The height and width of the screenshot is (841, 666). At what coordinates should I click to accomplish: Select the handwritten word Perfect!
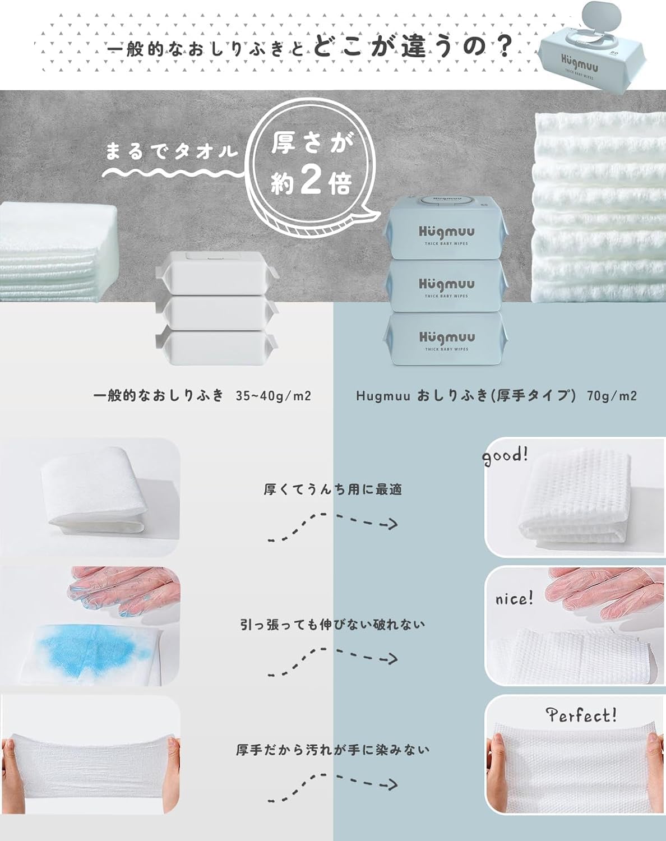point(581,715)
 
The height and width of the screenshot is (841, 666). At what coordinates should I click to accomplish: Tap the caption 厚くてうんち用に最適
point(333,489)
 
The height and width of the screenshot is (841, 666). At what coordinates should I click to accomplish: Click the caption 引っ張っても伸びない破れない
point(333,624)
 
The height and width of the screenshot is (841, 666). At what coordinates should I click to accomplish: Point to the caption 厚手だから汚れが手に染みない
point(333,750)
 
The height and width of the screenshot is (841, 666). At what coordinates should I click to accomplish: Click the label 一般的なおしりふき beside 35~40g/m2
point(159,396)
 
